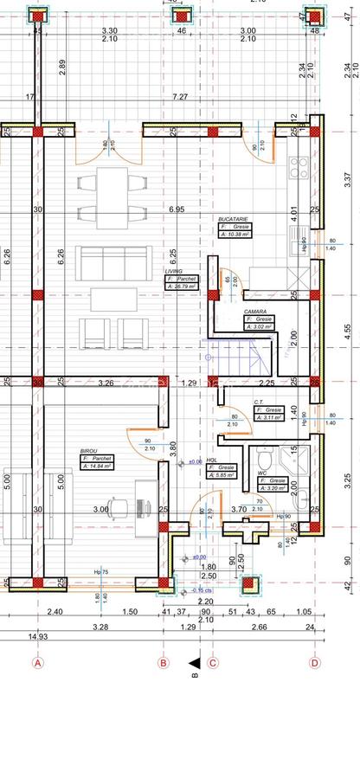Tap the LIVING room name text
174,271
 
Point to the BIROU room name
88,451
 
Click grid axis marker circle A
37,663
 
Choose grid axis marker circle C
214,663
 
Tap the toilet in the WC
264,459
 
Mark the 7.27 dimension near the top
179,97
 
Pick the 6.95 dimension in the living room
177,209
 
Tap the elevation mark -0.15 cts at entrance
200,591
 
